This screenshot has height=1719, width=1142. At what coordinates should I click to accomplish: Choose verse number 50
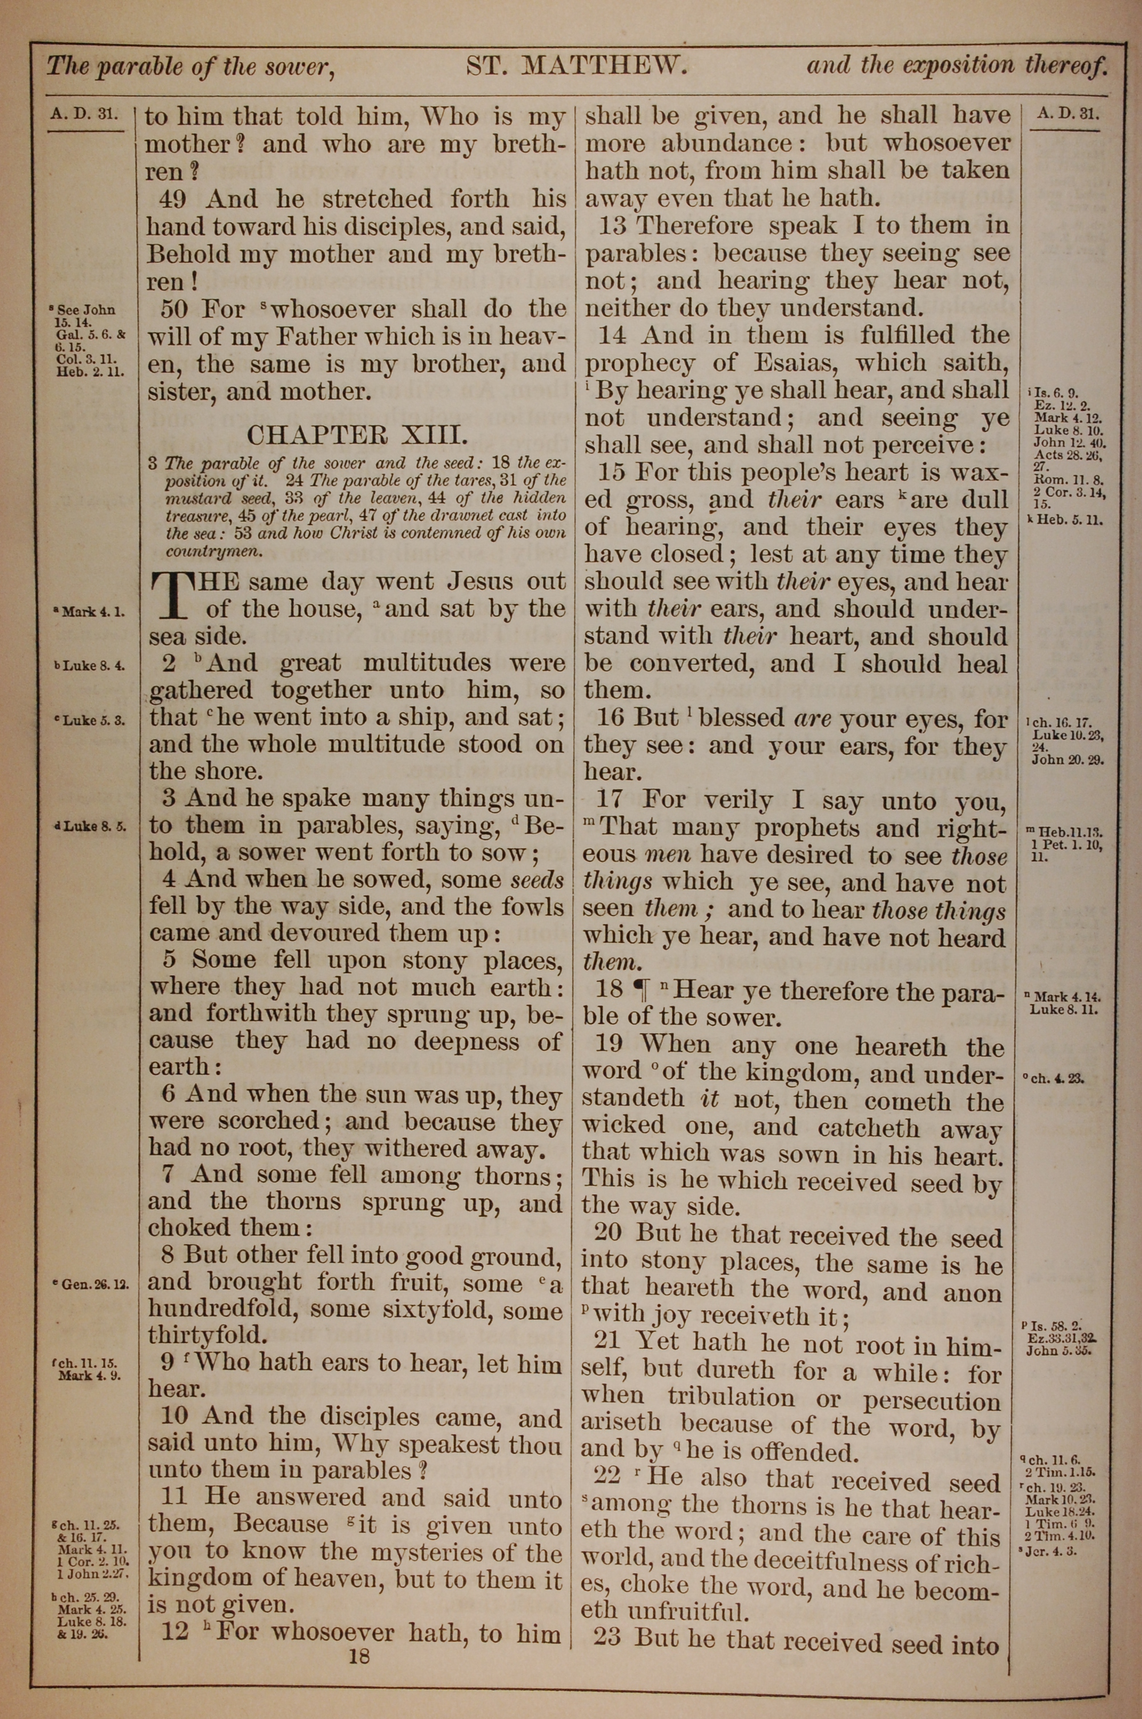point(175,309)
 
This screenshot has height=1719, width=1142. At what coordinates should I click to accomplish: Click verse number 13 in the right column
point(613,225)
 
